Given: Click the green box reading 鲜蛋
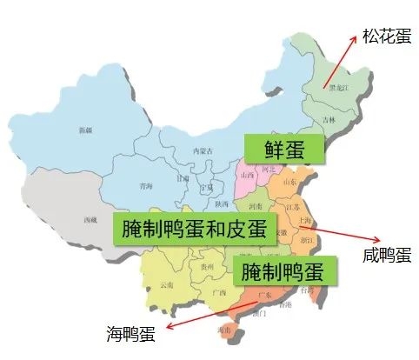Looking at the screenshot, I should pos(283,149).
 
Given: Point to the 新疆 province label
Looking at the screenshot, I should pos(85,130).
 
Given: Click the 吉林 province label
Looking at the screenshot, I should pos(329,119).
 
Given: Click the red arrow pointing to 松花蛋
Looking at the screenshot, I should pos(341,61).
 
